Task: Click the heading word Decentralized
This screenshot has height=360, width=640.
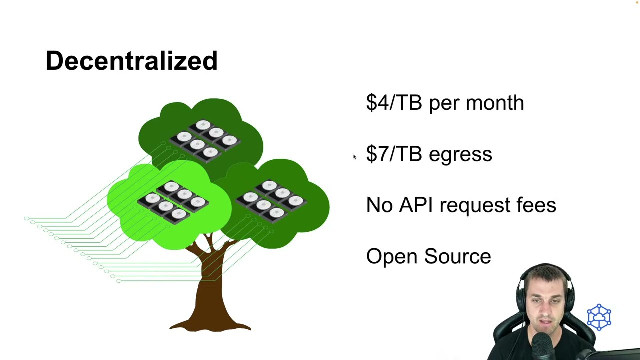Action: coord(131,60)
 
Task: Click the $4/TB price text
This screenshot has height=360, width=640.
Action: coord(394,102)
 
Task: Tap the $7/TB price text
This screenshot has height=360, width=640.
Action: coord(394,154)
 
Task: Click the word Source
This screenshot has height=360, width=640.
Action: coord(457,256)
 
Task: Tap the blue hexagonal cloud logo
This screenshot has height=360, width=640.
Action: coord(599,317)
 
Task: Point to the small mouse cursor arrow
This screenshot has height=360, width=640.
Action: coord(355,157)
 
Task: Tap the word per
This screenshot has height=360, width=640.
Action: coord(443,105)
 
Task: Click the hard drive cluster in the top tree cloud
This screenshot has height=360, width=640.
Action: coord(205,141)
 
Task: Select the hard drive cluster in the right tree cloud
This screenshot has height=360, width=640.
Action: coord(271,201)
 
